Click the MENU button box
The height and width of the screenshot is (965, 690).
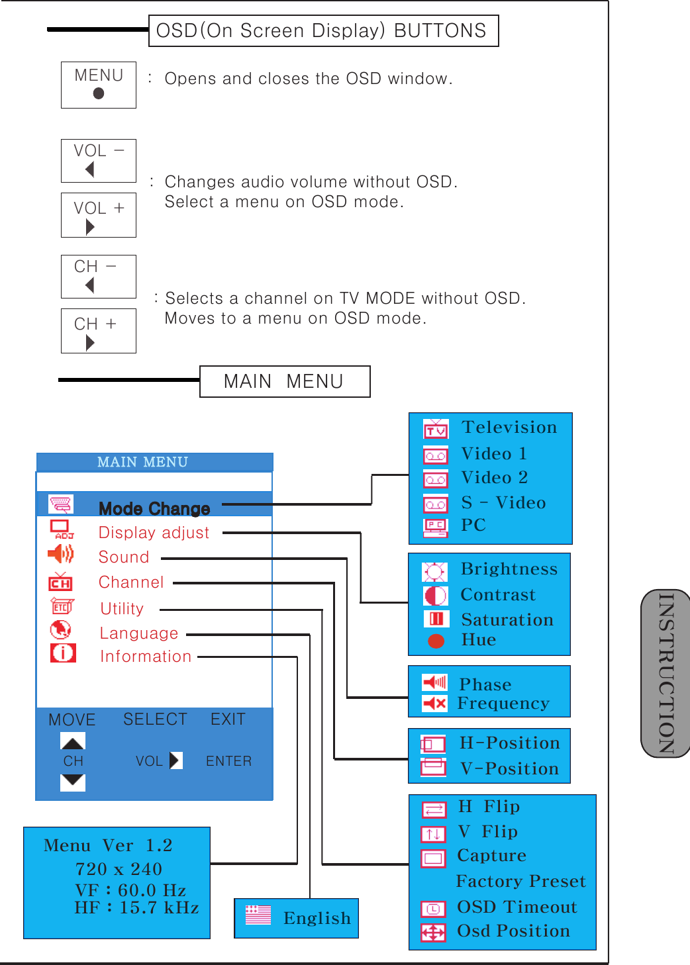(x=99, y=85)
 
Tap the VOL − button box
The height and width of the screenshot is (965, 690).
(x=99, y=161)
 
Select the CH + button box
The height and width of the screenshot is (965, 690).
(x=99, y=331)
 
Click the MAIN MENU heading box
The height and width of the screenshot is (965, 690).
(x=285, y=382)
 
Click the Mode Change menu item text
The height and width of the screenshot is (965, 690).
(x=154, y=508)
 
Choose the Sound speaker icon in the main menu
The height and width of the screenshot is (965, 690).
(x=61, y=554)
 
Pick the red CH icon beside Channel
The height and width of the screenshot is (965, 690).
(x=60, y=582)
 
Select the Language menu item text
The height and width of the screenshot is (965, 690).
(x=139, y=633)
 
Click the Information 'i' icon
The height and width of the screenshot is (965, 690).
(x=63, y=653)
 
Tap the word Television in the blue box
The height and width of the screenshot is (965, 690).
(x=509, y=428)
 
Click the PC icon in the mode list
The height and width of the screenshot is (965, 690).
(x=436, y=527)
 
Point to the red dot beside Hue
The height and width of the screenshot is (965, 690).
(x=436, y=641)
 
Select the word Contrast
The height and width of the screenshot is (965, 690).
(x=498, y=595)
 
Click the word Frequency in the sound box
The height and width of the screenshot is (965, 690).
(x=503, y=704)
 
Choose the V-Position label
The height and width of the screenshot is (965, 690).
(x=509, y=769)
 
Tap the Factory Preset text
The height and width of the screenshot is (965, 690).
(x=521, y=882)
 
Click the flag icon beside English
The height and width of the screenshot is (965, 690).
(x=258, y=915)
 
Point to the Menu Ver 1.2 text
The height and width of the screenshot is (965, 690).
(x=108, y=846)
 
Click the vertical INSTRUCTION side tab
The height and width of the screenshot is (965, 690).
(x=666, y=674)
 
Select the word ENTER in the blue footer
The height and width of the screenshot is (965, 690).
(x=228, y=761)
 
